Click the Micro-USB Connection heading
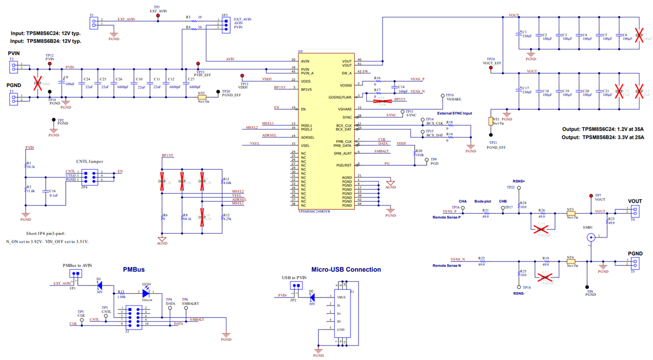click(346, 269)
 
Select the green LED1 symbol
click(145, 293)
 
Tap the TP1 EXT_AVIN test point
click(158, 16)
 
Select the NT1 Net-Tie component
click(491, 122)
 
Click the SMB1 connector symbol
click(590, 237)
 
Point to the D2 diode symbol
click(311, 297)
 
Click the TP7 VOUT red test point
click(591, 196)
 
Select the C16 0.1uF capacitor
click(46, 191)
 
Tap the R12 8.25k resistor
click(221, 216)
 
